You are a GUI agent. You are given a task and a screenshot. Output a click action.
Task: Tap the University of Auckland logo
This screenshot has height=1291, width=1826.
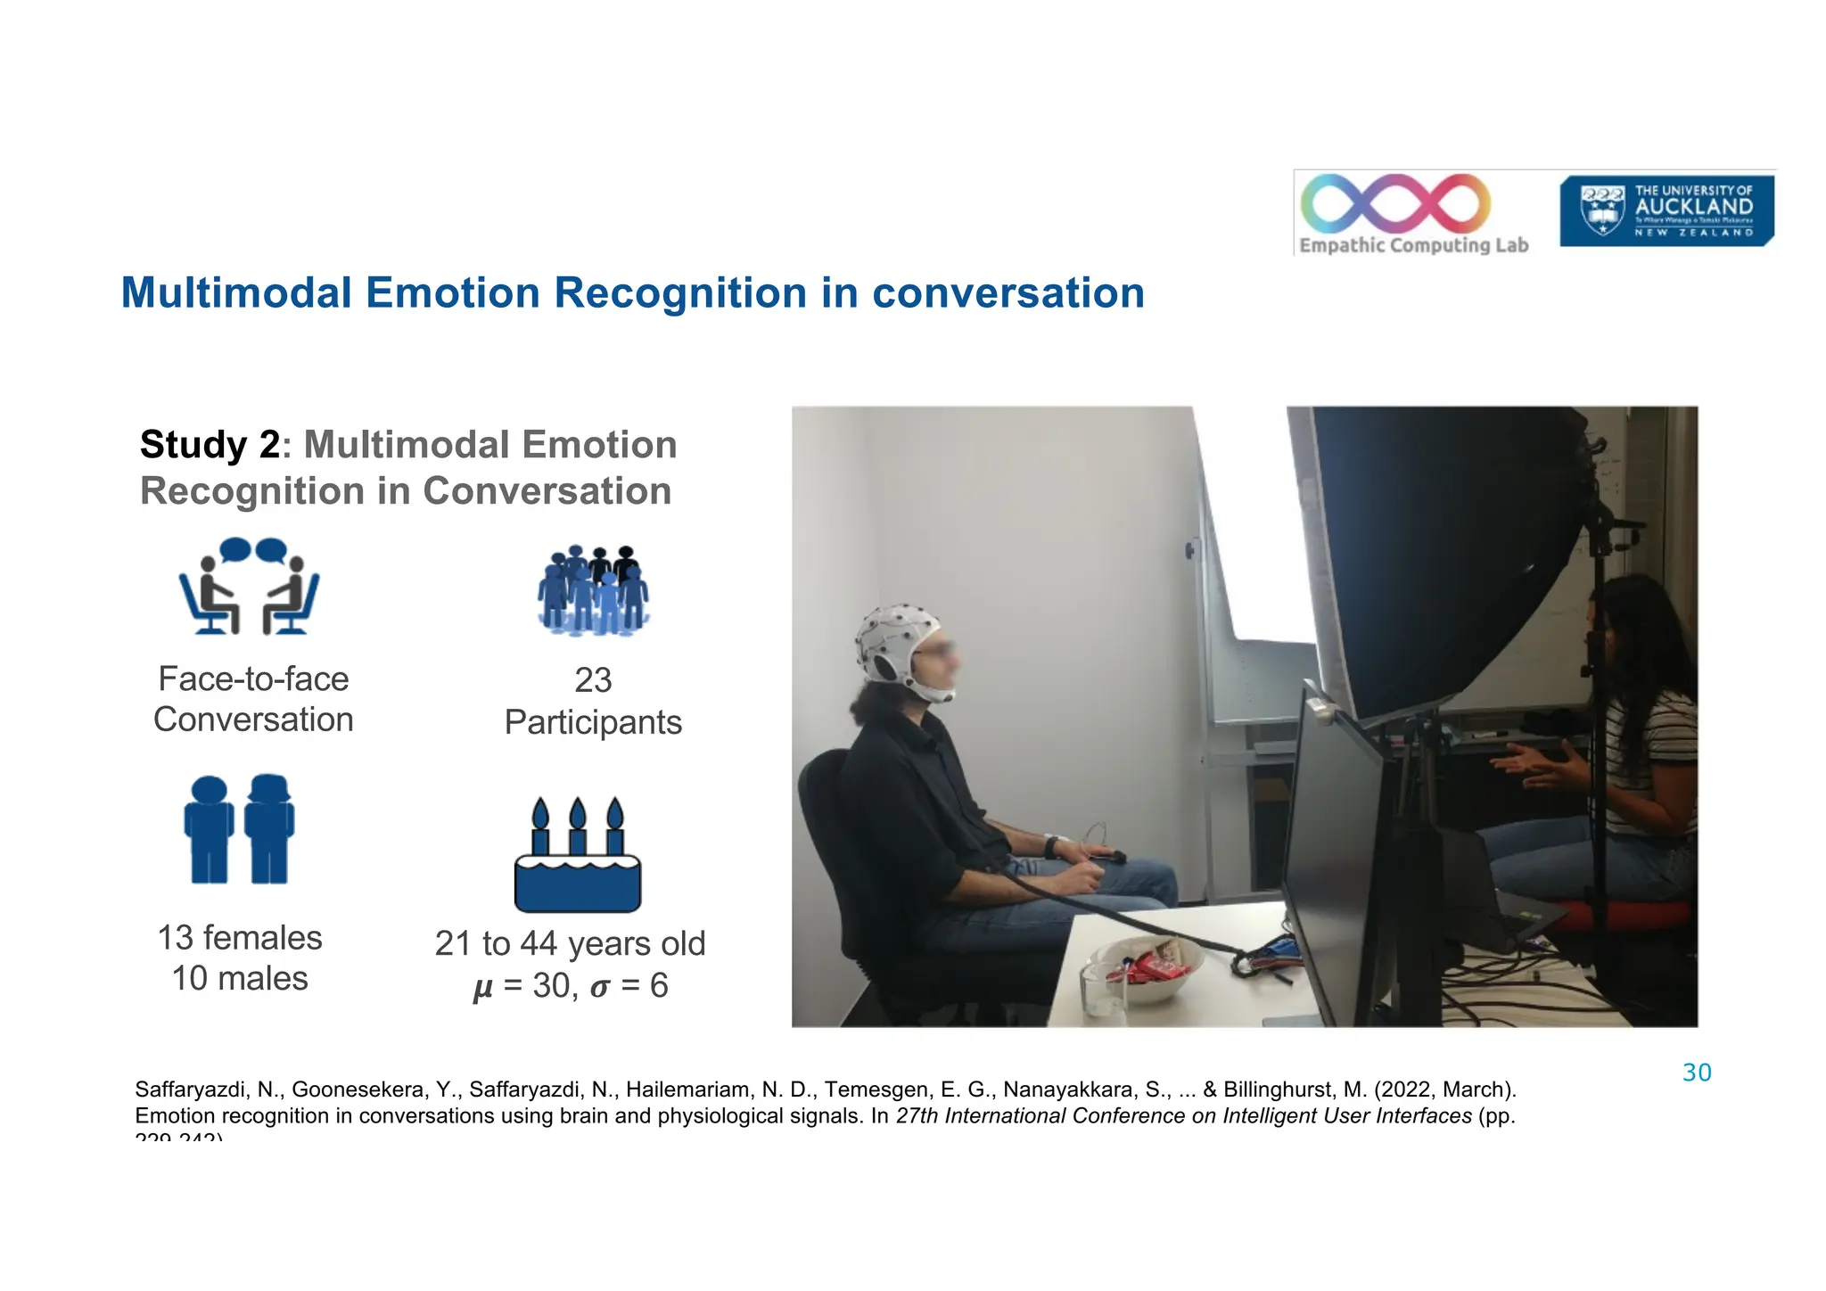1666,211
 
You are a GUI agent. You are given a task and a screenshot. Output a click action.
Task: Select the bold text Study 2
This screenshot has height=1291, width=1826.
210,445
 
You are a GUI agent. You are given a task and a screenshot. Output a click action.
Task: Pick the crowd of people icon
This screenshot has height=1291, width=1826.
593,590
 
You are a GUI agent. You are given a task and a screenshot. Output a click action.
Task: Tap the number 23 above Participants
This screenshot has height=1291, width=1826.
593,680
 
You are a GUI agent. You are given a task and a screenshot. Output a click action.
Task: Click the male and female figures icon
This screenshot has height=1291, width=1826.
239,829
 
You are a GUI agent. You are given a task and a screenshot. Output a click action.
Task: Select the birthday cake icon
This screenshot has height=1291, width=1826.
578,856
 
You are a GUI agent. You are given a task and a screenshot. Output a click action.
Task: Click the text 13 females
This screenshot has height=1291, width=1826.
239,938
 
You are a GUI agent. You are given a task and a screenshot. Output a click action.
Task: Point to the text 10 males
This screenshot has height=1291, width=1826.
239,979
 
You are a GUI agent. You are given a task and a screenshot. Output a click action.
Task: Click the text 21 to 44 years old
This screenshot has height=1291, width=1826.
570,943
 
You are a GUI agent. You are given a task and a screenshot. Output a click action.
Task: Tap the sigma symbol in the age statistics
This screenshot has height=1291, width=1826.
600,987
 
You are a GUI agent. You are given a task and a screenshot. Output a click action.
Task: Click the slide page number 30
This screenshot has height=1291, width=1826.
1696,1073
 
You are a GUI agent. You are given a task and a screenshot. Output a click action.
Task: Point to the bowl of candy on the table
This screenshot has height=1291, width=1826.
1146,967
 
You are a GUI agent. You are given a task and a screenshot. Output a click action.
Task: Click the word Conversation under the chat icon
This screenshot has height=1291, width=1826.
253,720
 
